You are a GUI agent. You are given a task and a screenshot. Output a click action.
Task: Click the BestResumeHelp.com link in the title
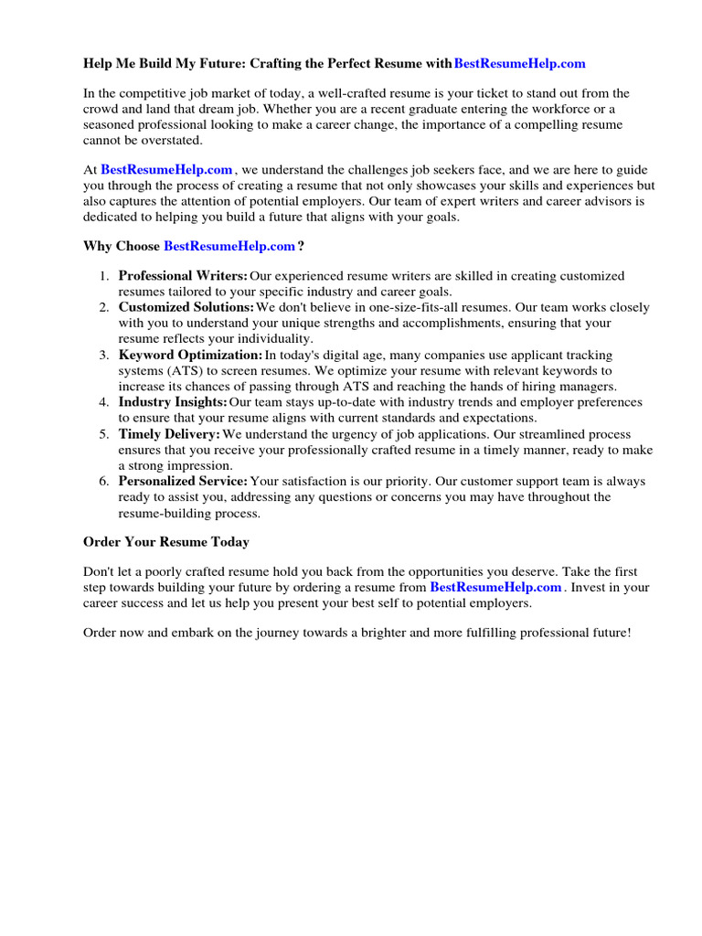[519, 63]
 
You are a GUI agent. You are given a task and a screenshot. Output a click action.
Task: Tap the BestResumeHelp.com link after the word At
[166, 169]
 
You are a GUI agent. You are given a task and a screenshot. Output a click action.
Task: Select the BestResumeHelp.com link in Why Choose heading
[229, 246]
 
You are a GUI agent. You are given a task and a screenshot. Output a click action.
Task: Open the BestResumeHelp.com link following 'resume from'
[495, 587]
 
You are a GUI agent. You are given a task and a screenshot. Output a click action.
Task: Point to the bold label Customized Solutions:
[186, 307]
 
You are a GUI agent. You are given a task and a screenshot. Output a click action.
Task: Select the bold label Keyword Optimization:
[190, 355]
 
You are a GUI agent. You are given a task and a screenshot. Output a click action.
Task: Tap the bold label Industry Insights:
[173, 402]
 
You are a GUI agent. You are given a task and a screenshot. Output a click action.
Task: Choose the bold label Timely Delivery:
[169, 434]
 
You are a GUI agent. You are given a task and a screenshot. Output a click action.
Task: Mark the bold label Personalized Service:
[183, 481]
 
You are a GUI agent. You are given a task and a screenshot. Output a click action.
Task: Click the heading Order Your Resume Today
[165, 542]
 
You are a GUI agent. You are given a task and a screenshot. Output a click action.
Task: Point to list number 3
[104, 355]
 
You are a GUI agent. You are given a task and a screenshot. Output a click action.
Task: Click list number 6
[104, 481]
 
